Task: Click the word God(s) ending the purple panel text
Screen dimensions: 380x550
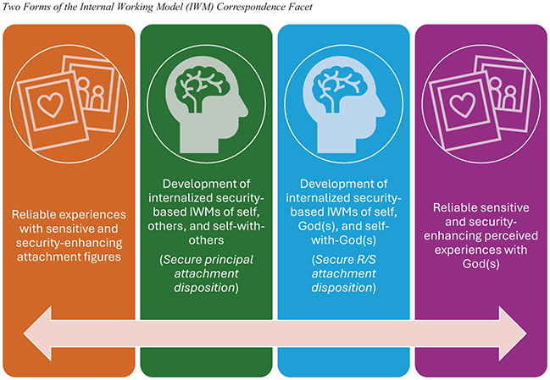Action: [481, 266]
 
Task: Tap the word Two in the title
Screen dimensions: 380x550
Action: [12, 8]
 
